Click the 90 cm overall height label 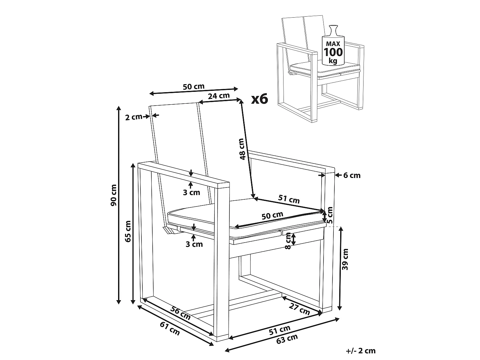[114, 195]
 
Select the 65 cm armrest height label [128, 231]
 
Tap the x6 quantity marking [260, 99]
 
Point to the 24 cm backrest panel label [219, 96]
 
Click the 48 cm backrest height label [242, 149]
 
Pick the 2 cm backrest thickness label [134, 117]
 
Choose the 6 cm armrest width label [352, 175]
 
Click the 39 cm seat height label [345, 259]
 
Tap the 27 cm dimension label [299, 309]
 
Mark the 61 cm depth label [170, 329]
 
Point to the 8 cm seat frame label [288, 241]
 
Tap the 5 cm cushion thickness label [330, 215]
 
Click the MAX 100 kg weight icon [333, 45]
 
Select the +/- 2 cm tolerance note [361, 351]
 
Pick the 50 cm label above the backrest [194, 86]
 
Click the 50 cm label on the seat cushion [272, 216]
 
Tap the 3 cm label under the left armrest [192, 192]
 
